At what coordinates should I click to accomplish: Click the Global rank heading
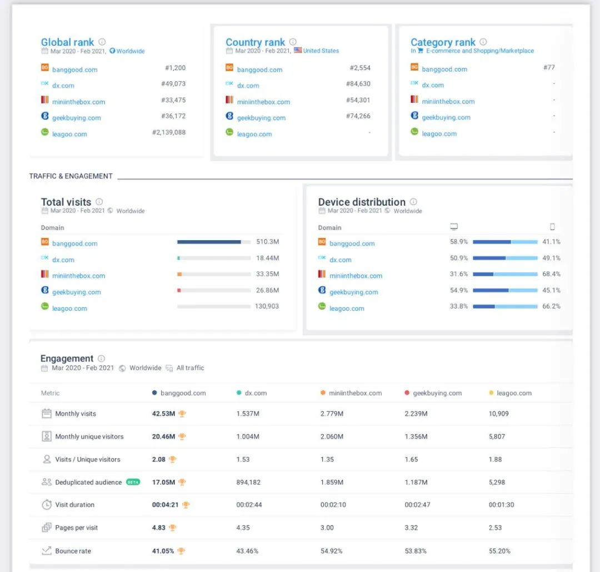coord(67,42)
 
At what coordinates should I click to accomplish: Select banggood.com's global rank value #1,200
coord(175,68)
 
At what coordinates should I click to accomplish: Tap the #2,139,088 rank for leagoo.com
coord(169,132)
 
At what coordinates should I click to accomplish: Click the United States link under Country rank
coord(321,51)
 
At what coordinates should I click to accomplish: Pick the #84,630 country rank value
coord(358,84)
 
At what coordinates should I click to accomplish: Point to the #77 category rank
coord(549,68)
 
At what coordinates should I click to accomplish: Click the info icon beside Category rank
coord(483,42)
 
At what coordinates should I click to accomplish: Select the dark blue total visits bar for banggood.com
coord(209,242)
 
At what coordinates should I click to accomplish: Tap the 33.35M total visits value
coord(267,274)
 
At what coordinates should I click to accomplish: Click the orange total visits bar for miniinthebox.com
coord(179,275)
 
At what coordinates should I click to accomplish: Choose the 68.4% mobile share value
coord(551,274)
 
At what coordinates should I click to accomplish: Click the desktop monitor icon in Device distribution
coord(454,227)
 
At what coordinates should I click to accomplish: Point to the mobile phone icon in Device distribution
coord(552,227)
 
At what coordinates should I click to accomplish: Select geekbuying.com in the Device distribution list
coord(353,292)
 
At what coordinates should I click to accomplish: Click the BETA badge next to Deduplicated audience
coord(133,482)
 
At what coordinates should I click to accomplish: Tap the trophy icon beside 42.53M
coord(182,414)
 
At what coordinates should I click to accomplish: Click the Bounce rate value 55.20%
coord(499,551)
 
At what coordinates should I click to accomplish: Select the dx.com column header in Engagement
coord(256,393)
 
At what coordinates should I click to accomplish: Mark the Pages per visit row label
coord(76,528)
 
